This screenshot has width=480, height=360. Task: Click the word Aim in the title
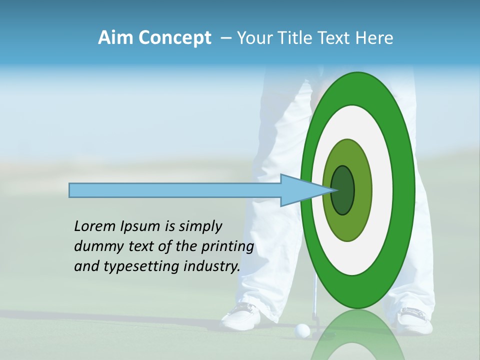115,38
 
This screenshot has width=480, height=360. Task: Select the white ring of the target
382,190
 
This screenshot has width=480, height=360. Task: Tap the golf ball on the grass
302,330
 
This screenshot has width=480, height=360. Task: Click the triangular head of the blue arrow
300,190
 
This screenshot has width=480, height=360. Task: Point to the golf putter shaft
315,295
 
